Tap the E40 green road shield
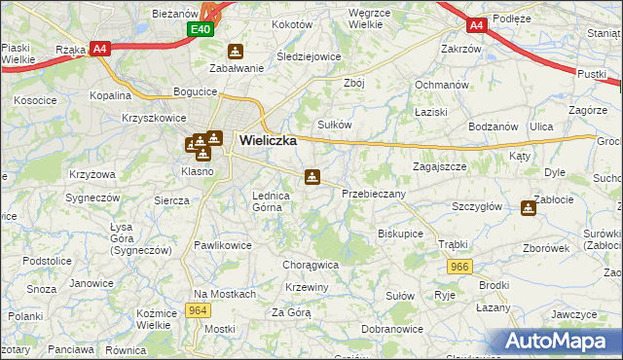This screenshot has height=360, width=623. click(x=200, y=30)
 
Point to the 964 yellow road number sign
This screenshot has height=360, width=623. click(x=198, y=310)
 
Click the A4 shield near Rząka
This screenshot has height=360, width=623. click(x=99, y=48)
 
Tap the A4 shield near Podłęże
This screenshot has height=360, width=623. click(x=476, y=26)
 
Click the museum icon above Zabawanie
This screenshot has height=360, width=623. click(x=235, y=51)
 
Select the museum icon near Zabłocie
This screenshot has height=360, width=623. click(x=529, y=207)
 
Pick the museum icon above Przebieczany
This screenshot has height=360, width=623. click(x=311, y=177)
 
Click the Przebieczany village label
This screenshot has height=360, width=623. click(x=374, y=195)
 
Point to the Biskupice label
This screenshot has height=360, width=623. click(x=400, y=234)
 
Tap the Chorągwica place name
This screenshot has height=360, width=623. click(x=311, y=264)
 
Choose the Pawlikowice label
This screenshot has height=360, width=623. click(x=222, y=246)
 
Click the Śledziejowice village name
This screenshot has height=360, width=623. click(x=309, y=56)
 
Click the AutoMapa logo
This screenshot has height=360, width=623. click(x=559, y=342)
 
